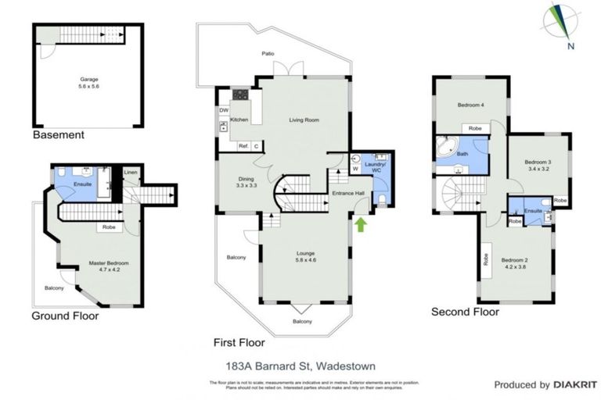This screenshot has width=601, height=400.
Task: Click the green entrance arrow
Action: click(x=361, y=225)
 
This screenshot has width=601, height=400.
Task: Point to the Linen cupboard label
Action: click(x=130, y=173)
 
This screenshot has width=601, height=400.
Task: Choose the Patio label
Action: click(x=268, y=54)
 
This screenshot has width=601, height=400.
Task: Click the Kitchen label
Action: click(x=239, y=120)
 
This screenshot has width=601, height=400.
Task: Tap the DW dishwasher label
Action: click(x=224, y=110)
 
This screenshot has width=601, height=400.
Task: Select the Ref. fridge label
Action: click(x=243, y=145)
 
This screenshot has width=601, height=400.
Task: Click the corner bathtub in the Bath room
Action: click(x=447, y=149)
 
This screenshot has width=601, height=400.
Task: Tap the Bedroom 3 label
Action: click(x=538, y=162)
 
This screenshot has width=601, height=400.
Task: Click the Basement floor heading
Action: click(x=58, y=135)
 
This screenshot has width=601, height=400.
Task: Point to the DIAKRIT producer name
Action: click(x=567, y=384)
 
